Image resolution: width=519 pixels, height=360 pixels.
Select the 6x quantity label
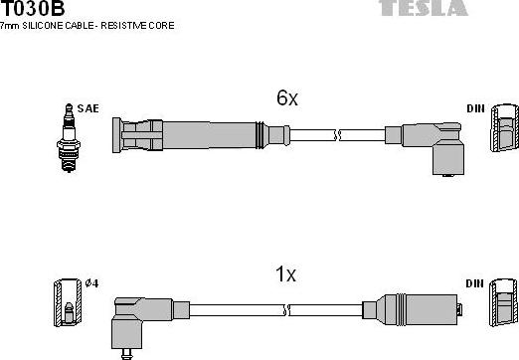(287, 98)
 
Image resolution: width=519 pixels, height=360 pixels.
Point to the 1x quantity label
(286, 273)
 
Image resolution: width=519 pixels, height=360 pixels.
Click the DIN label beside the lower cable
(474, 283)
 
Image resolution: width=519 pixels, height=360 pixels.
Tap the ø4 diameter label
(91, 283)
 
